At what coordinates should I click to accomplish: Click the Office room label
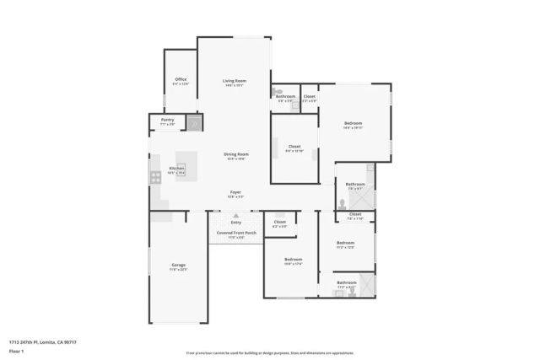180,81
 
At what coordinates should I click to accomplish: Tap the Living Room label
234,81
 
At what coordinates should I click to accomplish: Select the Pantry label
167,121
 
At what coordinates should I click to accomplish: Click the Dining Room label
235,155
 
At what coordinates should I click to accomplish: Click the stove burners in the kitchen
155,177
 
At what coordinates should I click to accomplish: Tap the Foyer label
235,193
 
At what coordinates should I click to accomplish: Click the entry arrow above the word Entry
224,216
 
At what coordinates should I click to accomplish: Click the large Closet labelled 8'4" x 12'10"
294,148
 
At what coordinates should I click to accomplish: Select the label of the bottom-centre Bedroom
293,261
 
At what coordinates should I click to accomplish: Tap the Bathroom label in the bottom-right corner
346,283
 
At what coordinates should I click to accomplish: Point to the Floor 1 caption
14,352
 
